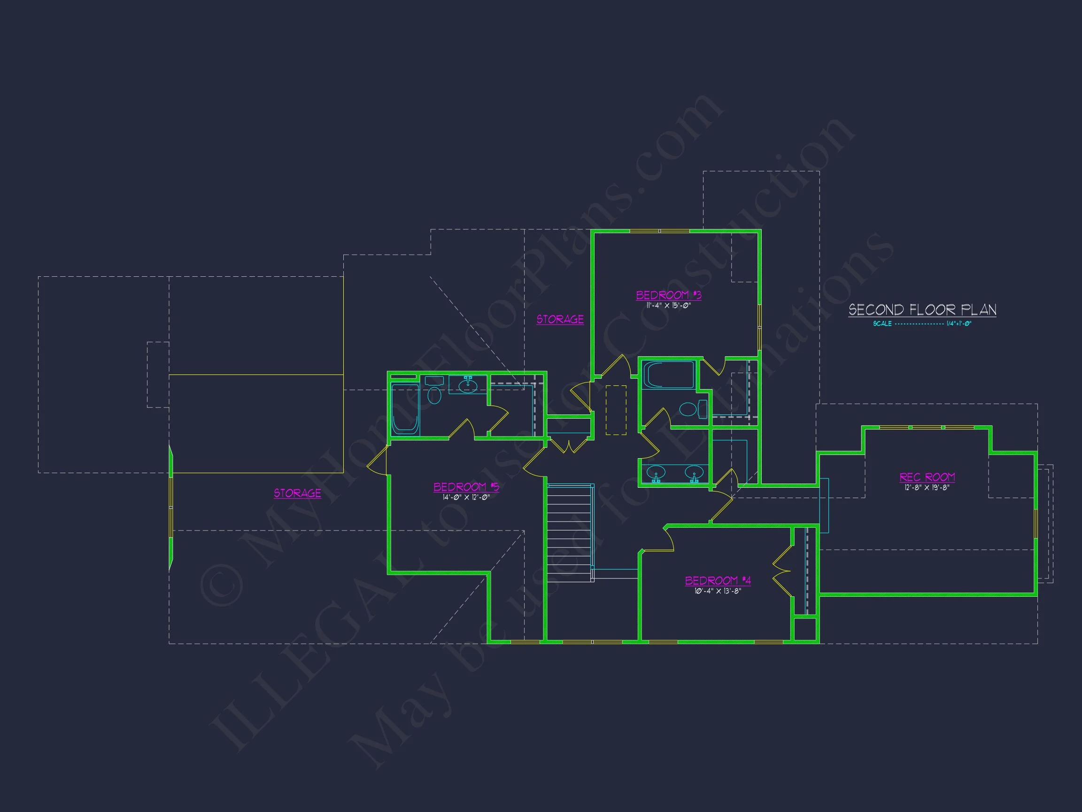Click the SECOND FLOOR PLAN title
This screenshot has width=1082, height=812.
(922, 310)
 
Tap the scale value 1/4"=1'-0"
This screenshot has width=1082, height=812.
(959, 323)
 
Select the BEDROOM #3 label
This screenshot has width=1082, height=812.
(668, 295)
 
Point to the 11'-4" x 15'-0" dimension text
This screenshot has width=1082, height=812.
(668, 306)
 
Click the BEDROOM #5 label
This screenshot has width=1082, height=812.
(466, 486)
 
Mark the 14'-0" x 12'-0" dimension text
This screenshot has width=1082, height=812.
(466, 497)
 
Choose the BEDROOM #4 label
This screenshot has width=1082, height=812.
(718, 580)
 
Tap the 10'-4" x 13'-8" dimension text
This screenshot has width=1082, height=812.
(718, 591)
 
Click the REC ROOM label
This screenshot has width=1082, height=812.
(927, 477)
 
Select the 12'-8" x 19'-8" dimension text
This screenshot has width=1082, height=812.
(927, 488)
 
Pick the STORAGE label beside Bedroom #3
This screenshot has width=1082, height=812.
(560, 320)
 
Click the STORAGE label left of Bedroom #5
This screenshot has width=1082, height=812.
(297, 493)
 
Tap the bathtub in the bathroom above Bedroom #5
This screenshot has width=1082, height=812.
(405, 409)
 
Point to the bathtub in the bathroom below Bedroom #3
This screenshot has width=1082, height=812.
(668, 375)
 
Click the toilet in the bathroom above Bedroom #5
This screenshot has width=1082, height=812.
(434, 390)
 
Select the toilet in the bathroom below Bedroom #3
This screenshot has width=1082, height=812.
(692, 409)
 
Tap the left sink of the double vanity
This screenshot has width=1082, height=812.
(656, 473)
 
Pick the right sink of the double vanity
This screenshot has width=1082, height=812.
(694, 473)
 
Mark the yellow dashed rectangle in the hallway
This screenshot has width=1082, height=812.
(616, 410)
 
